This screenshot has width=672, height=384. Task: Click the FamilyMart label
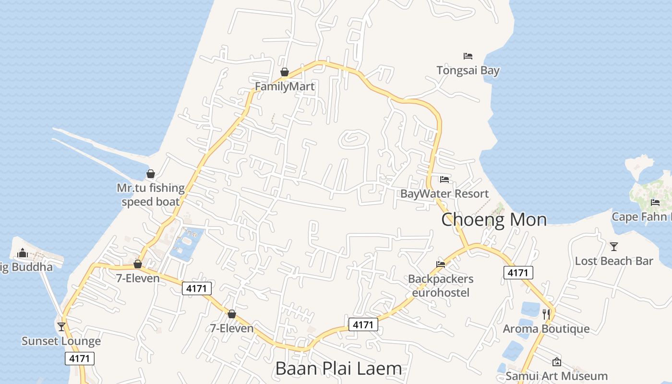coord(285,86)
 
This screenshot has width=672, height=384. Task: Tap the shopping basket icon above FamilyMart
coord(285,72)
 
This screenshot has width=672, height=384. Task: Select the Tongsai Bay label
coord(468,71)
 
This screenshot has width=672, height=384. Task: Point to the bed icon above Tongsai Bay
coord(468,56)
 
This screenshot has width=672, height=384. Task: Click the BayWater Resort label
coord(444,194)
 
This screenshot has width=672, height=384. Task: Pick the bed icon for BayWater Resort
coord(444,180)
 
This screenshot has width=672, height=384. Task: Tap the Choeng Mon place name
coord(494,219)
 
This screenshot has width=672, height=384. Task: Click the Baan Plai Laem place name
coord(338,368)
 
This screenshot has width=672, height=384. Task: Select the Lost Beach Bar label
coord(614,261)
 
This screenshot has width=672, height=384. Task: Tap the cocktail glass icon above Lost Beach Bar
coord(614,247)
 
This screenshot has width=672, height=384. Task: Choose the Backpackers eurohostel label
coord(441,286)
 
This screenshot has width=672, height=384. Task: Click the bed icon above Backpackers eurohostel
coord(441,264)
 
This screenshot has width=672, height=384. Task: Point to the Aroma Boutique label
coord(546,329)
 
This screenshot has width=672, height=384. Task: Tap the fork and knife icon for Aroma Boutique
coord(546,314)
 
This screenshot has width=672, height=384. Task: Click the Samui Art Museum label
coord(557,376)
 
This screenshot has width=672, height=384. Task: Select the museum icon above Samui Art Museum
coord(557,362)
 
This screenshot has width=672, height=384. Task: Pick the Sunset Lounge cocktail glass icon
coord(61,327)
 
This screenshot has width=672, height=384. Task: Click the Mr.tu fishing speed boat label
coord(151,194)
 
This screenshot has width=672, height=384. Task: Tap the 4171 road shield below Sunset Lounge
coord(80,358)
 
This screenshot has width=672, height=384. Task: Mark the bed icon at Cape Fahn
coord(655,202)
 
